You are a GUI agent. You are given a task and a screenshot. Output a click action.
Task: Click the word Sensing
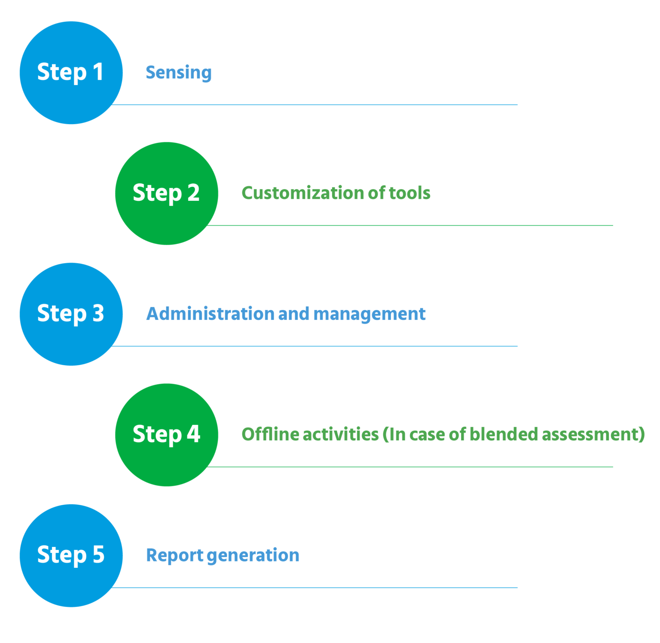coord(178,73)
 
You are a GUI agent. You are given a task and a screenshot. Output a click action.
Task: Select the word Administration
coord(210,314)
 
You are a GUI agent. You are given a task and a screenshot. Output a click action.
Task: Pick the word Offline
coord(269,434)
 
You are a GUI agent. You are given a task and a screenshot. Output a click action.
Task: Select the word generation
coord(253,555)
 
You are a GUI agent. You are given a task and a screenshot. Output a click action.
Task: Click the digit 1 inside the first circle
coord(98,72)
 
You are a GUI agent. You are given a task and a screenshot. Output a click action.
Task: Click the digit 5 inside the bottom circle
coord(98,554)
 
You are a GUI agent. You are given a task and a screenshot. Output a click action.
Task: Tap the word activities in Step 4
coord(341,434)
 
